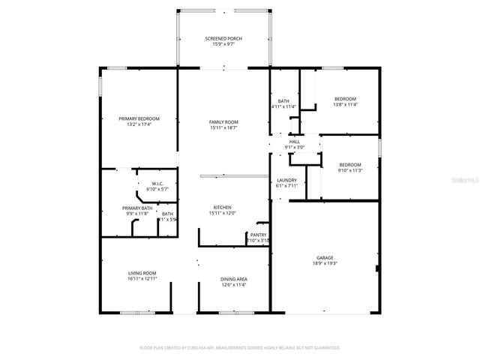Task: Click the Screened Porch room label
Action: (x=223, y=38)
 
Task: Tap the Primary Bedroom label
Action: (x=139, y=118)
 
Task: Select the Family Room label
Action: (x=223, y=121)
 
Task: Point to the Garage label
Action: (x=325, y=256)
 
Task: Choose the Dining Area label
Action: (x=234, y=279)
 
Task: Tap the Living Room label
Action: (x=141, y=272)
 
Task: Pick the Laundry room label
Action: (x=286, y=180)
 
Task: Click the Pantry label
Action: (x=258, y=235)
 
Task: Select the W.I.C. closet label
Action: (x=157, y=184)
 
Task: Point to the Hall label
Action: (x=294, y=141)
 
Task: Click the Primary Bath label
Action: (x=137, y=208)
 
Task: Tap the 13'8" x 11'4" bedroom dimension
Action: (x=345, y=105)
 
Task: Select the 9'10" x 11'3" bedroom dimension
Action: (x=349, y=171)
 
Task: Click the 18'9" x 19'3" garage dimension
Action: (x=325, y=263)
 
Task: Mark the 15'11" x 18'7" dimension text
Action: (x=223, y=128)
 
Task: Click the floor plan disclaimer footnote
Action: (x=240, y=348)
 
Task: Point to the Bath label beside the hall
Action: (x=283, y=100)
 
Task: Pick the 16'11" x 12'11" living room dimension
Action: (x=141, y=279)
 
